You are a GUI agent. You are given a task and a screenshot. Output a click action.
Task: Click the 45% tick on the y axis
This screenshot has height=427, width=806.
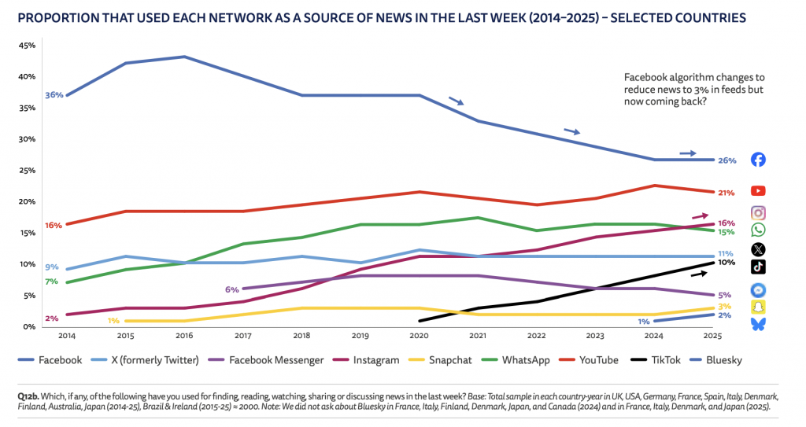tap(27, 46)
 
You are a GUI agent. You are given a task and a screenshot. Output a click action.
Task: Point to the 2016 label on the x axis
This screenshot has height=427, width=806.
tap(184, 334)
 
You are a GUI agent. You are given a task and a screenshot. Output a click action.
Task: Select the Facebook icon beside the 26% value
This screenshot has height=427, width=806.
tap(758, 160)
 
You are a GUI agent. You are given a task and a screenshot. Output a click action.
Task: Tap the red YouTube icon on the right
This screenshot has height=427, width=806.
tap(758, 191)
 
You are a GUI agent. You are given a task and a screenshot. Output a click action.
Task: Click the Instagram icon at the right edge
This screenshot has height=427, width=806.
tap(758, 212)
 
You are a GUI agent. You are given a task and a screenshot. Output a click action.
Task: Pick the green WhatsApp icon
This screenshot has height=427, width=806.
tap(758, 230)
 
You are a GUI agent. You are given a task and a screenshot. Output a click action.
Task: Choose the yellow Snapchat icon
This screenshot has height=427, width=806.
tap(758, 307)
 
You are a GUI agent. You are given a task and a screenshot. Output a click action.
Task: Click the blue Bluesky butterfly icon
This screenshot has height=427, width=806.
tap(758, 324)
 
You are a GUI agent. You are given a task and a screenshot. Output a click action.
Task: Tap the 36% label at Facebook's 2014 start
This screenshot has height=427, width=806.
tap(54, 95)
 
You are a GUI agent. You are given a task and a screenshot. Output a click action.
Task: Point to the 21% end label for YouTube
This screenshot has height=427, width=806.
tap(726, 193)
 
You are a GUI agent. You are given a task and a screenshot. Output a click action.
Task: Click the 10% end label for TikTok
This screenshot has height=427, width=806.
tap(726, 263)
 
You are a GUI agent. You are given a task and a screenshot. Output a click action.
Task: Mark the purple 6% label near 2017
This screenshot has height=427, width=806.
tap(232, 289)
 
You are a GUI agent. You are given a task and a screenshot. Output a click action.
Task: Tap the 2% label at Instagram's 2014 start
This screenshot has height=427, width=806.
tap(52, 318)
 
